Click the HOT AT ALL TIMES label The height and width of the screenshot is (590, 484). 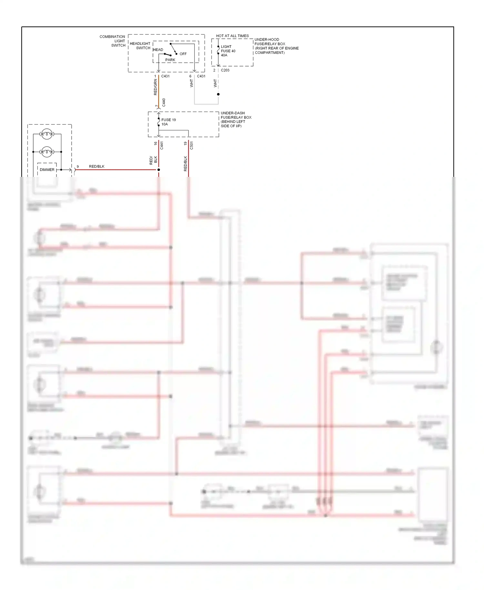coord(232,36)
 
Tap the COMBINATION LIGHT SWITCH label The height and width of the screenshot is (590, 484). coord(113,41)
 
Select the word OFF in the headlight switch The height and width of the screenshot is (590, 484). coord(183,54)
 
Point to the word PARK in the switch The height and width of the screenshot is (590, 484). coord(170,60)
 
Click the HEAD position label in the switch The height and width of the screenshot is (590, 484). coord(158,50)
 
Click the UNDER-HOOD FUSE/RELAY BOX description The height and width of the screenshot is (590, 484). coord(277,46)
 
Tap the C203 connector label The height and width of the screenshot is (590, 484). coord(225,70)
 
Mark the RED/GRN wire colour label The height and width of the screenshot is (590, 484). coord(155,87)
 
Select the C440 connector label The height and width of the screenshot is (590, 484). coord(164,103)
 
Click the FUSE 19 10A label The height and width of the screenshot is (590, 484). coord(168,122)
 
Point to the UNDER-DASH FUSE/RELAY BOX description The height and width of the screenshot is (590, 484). coord(236,119)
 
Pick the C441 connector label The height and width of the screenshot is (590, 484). coord(162,145)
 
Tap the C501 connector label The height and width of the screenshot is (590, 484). coord(191,145)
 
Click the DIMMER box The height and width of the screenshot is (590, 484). coord(47,170)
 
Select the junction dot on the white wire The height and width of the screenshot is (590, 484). coord(218,94)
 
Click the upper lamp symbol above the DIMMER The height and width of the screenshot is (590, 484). coord(47,134)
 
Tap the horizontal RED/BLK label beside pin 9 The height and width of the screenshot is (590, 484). coord(96,167)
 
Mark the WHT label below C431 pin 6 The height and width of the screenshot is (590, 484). coord(191,83)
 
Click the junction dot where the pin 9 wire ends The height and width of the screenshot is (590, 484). coord(158,170)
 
